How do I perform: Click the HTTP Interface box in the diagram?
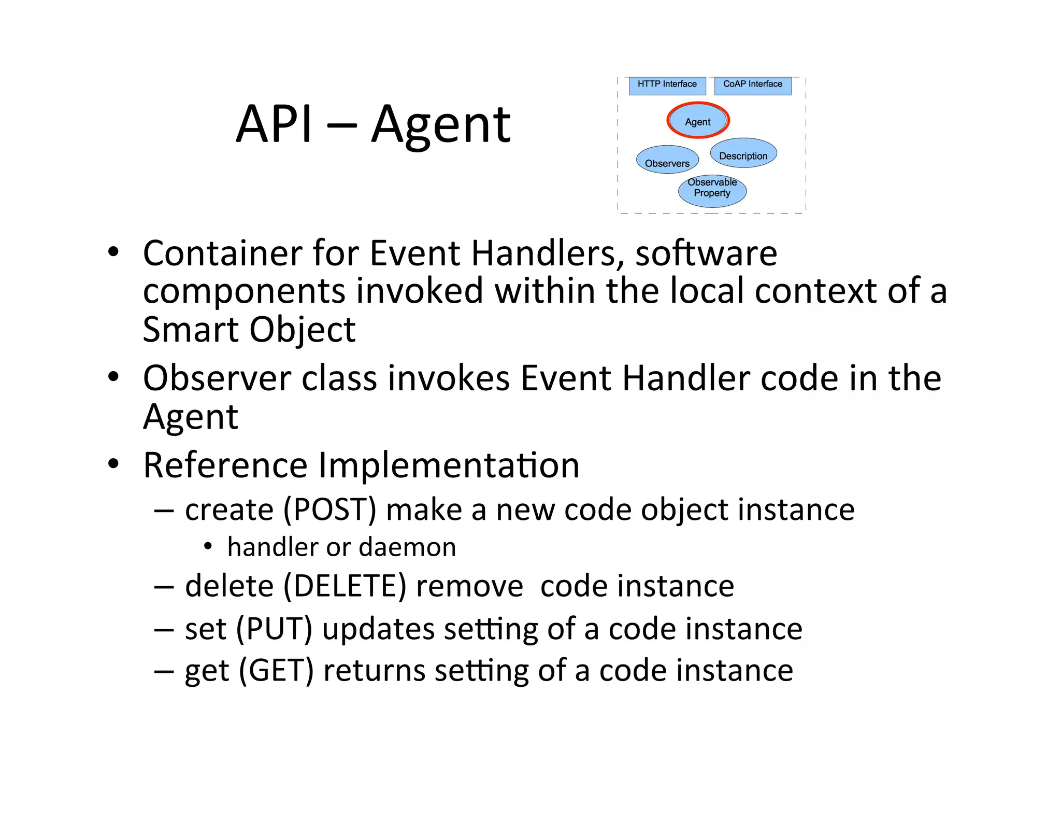point(667,85)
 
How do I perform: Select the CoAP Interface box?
point(752,85)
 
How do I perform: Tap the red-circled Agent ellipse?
point(697,121)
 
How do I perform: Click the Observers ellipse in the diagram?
point(667,160)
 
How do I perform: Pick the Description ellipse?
point(743,154)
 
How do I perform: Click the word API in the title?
point(274,124)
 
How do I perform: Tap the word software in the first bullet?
point(706,253)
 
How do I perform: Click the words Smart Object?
point(249,330)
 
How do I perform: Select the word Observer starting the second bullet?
point(217,378)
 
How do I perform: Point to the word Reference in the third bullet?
point(225,465)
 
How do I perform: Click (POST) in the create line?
point(329,510)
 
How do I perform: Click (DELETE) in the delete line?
point(345,586)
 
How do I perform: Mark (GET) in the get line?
point(276,671)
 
